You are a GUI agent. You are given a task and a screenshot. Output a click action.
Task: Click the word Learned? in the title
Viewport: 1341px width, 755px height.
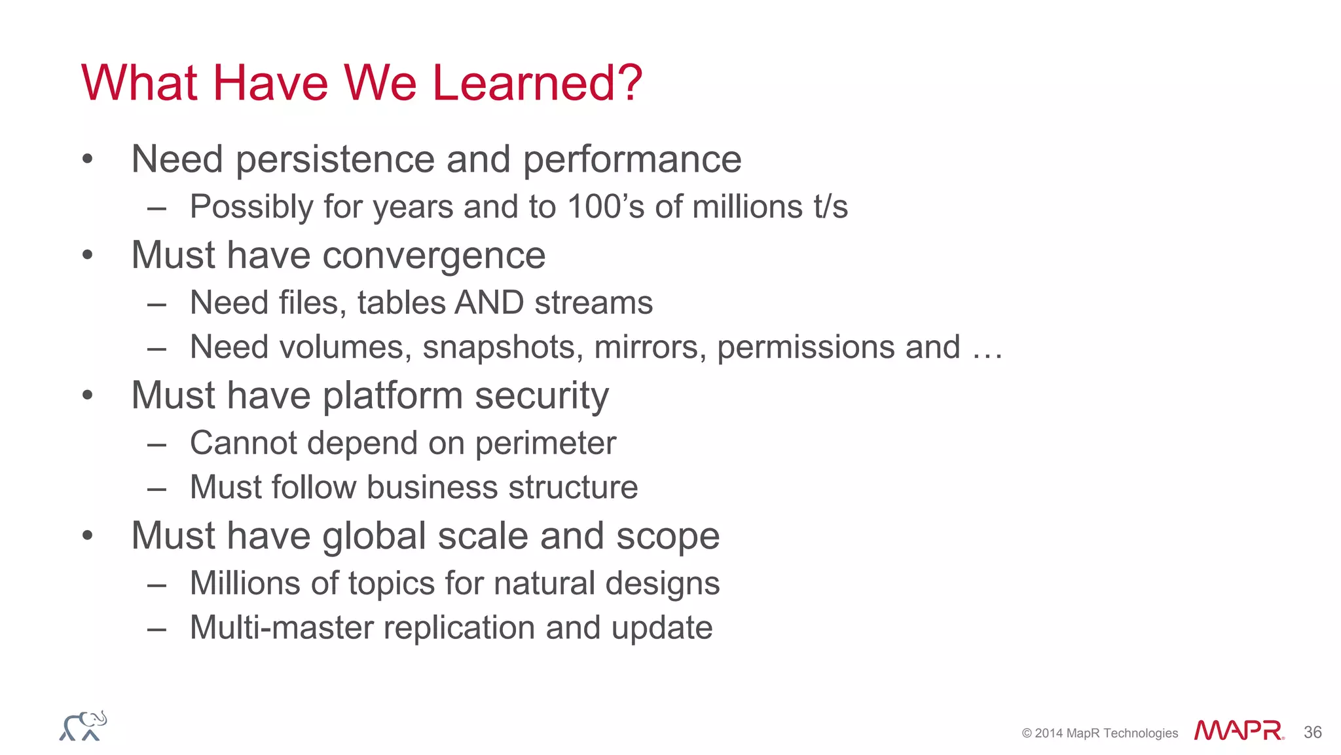point(537,83)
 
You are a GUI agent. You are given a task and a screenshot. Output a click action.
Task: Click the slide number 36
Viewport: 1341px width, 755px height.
point(1312,732)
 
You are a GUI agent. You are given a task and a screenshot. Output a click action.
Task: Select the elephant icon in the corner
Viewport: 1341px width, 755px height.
point(83,726)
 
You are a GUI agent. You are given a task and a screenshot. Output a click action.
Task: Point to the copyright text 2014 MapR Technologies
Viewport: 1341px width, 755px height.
point(1100,733)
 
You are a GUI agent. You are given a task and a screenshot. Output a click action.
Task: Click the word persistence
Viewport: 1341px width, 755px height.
point(335,160)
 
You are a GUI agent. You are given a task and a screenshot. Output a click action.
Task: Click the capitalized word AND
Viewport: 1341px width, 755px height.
point(489,303)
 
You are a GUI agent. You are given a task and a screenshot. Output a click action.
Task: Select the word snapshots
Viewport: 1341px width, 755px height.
point(502,347)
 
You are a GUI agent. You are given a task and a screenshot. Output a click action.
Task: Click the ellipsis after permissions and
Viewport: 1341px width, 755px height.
point(987,349)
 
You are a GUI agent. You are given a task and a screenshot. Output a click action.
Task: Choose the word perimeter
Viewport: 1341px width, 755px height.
point(545,444)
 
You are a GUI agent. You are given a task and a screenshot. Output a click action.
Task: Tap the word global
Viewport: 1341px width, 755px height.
point(375,537)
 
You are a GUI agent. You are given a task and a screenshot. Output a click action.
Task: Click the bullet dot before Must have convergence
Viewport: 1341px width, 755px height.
point(88,255)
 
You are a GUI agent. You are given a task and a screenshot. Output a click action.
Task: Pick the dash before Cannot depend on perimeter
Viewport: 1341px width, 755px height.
point(156,445)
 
